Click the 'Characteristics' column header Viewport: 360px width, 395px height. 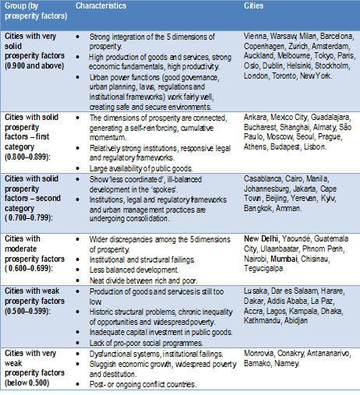click(101, 6)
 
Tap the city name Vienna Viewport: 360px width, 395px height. click(257, 35)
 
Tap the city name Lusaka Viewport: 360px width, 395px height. click(257, 290)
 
